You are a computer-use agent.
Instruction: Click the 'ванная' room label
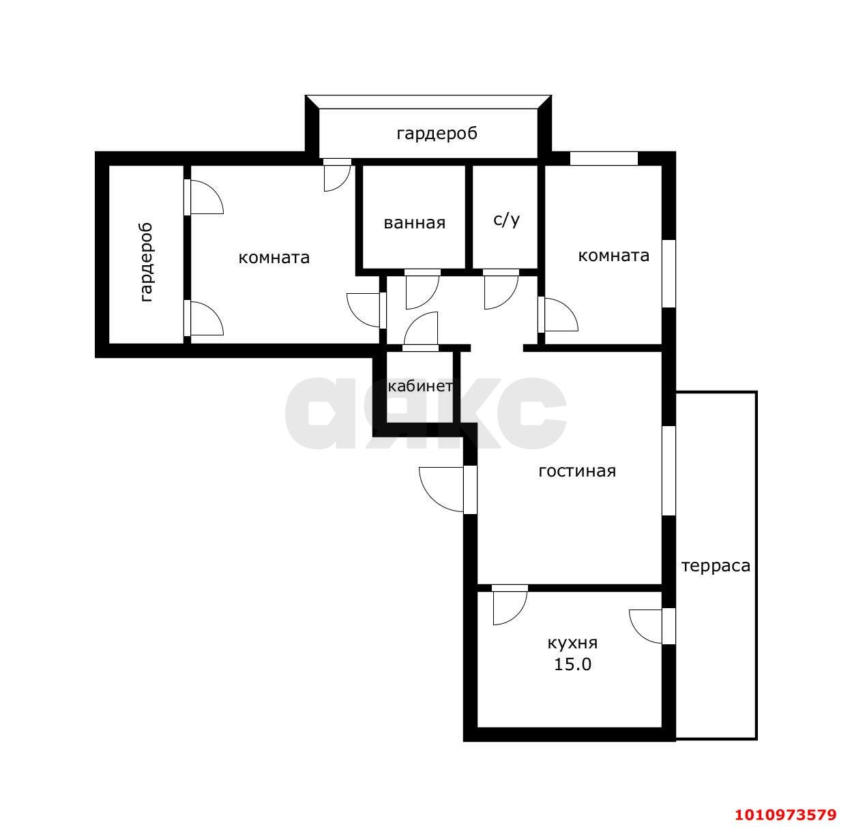tap(414, 223)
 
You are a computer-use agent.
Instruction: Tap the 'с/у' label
tap(506, 220)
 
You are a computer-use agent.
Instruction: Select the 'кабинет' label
tap(420, 386)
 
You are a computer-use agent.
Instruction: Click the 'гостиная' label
tap(576, 471)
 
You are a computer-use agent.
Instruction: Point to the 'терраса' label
tap(715, 565)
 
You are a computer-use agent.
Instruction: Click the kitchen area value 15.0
tap(572, 664)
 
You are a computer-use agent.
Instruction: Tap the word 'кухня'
tap(572, 643)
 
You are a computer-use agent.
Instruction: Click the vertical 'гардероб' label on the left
tap(147, 262)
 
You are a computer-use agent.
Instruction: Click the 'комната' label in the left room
tap(274, 258)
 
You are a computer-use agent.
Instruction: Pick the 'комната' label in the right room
tap(613, 256)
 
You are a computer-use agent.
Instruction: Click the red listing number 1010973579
tap(784, 815)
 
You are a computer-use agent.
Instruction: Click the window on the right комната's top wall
tap(604, 158)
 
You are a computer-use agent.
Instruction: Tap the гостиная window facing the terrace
tap(669, 470)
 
